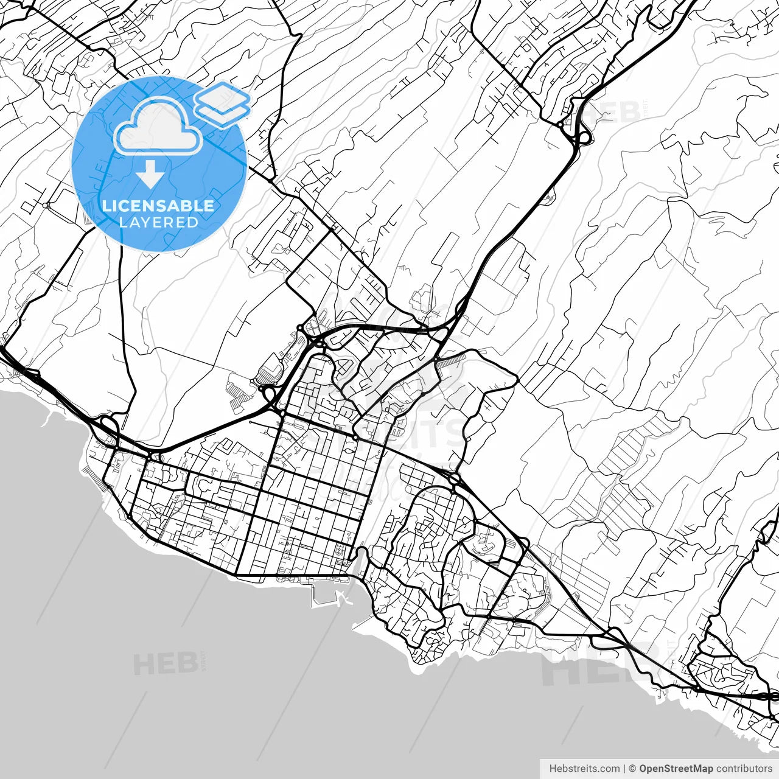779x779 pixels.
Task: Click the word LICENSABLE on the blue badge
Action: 158,206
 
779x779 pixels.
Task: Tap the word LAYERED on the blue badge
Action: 158,222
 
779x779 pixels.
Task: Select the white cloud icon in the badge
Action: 158,126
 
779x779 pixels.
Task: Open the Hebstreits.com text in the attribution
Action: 584,769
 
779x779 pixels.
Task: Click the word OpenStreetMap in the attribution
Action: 676,769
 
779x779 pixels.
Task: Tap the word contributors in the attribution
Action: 744,769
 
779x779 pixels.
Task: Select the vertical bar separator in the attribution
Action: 625,769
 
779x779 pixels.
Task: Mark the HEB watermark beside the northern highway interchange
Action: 615,113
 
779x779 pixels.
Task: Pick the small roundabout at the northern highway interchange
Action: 560,124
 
